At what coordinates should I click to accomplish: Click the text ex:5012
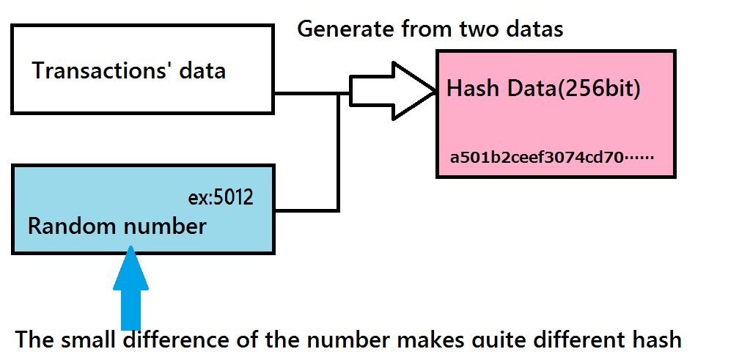pyautogui.click(x=221, y=197)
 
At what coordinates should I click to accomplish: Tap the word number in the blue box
pyautogui.click(x=165, y=226)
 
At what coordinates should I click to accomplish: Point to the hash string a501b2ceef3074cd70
pyautogui.click(x=537, y=157)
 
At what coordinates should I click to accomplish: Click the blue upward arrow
pyautogui.click(x=131, y=288)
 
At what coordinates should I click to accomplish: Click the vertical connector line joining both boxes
pyautogui.click(x=338, y=153)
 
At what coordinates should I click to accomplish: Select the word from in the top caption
pyautogui.click(x=426, y=29)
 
